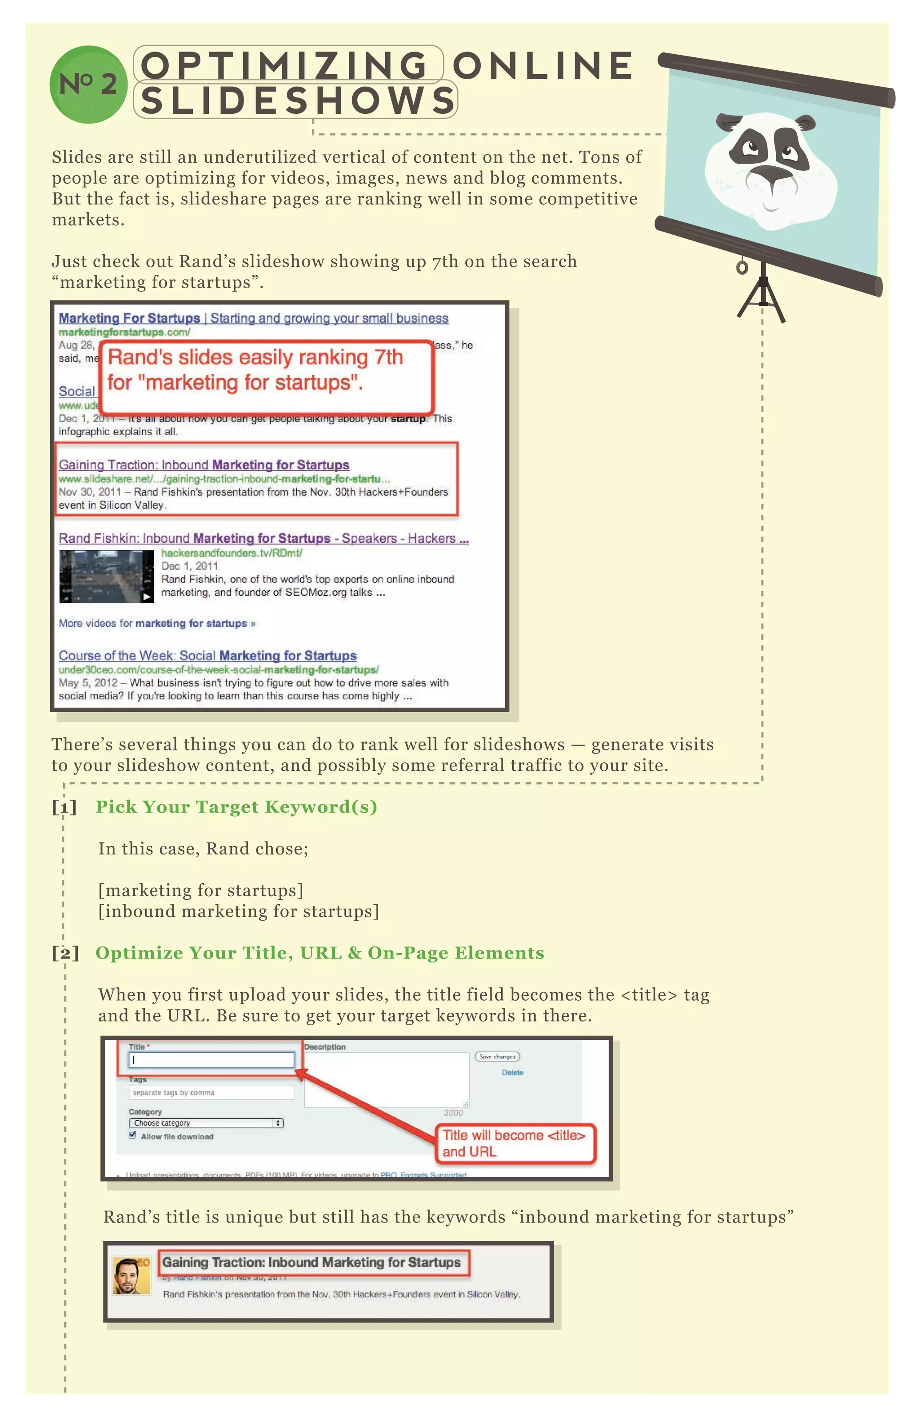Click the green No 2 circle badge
88,84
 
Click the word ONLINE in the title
543,65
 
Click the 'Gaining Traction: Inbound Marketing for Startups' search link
204,465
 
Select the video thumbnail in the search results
106,576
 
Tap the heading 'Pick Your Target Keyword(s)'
236,807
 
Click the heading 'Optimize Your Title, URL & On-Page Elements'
319,953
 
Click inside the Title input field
212,1060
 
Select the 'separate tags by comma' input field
211,1092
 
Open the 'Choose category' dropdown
206,1123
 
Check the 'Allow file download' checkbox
132,1135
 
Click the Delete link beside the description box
512,1073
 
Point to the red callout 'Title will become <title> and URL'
516,1143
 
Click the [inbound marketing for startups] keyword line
239,911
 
